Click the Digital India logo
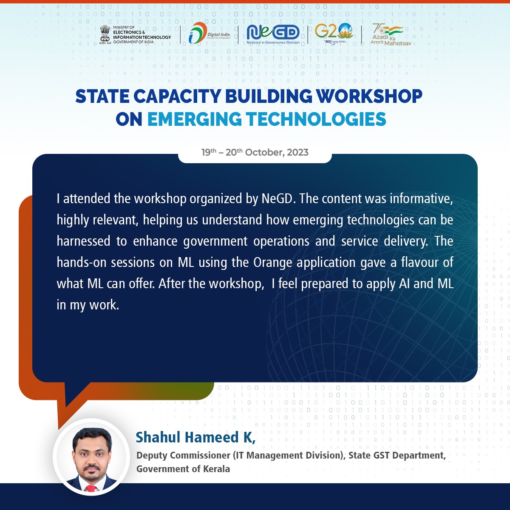tap(209, 33)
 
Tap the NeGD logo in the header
tap(273, 34)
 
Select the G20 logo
tap(334, 33)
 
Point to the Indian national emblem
tap(105, 34)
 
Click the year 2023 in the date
tap(297, 153)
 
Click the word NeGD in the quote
tap(278, 198)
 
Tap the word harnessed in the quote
tap(83, 241)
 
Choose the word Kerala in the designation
tap(216, 469)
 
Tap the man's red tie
tap(91, 488)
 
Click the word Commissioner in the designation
tap(201, 455)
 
